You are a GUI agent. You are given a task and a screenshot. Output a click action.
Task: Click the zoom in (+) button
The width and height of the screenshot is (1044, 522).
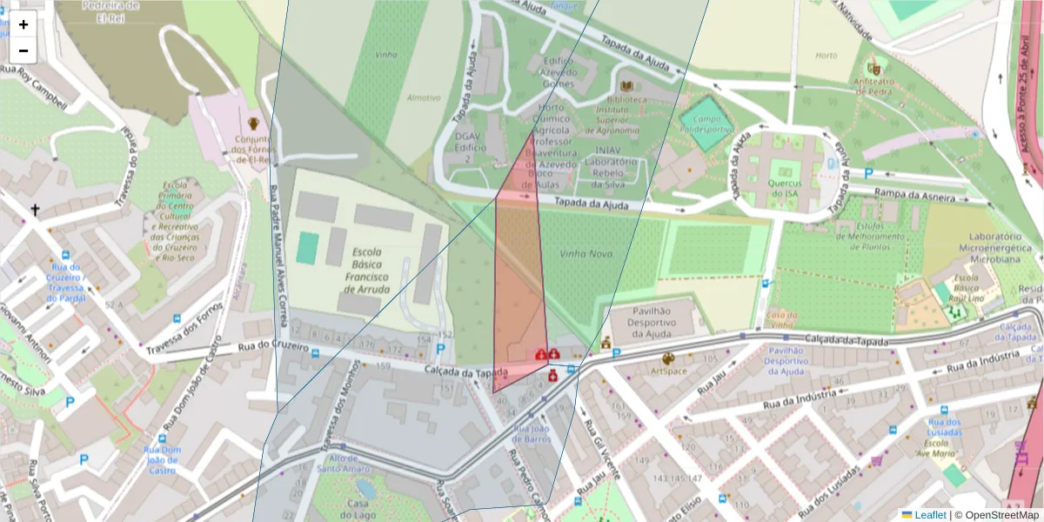pos(23,24)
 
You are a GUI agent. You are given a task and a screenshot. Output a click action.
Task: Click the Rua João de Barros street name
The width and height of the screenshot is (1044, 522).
pos(532,433)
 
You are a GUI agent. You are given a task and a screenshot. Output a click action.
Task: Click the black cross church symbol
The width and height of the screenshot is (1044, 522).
pos(36,210)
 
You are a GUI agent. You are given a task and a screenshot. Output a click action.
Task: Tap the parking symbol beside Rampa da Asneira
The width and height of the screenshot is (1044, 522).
pos(868,173)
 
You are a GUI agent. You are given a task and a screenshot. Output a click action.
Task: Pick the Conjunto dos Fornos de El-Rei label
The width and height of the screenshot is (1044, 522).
pos(253,150)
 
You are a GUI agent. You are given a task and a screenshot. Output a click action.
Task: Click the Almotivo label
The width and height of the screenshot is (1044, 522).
pos(424,97)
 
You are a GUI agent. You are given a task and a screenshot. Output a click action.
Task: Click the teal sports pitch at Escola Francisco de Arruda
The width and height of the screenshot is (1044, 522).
pos(307,248)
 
